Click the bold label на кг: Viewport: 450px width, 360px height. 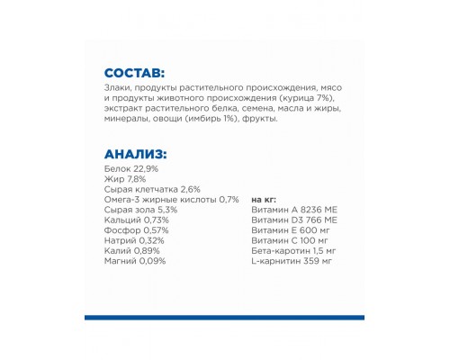click(265, 200)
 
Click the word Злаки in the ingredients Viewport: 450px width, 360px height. click(118, 89)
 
